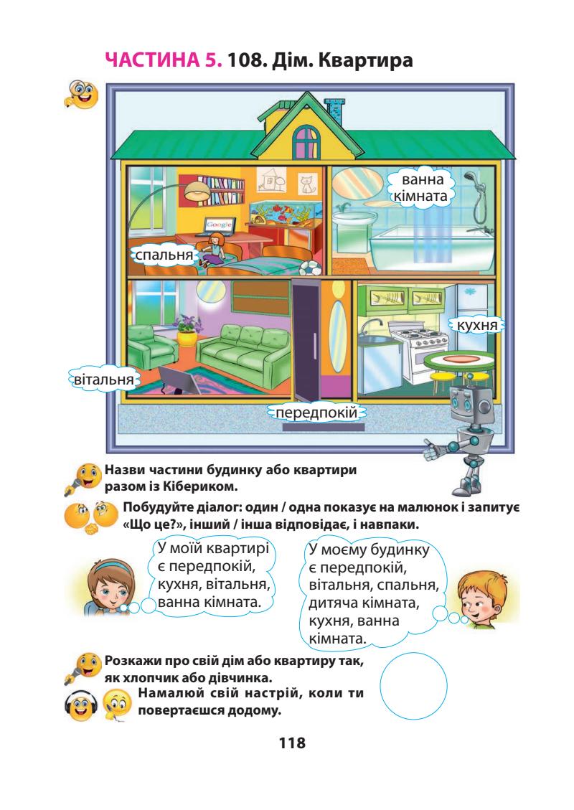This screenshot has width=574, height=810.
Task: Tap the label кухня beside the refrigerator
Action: click(476, 326)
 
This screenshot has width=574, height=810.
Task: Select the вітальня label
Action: click(102, 377)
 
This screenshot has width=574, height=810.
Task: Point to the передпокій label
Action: click(316, 413)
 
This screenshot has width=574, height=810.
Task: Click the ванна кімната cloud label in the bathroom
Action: click(420, 188)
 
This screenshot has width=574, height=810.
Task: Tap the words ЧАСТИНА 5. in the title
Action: click(164, 62)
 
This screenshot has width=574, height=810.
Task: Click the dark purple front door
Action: click(307, 340)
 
